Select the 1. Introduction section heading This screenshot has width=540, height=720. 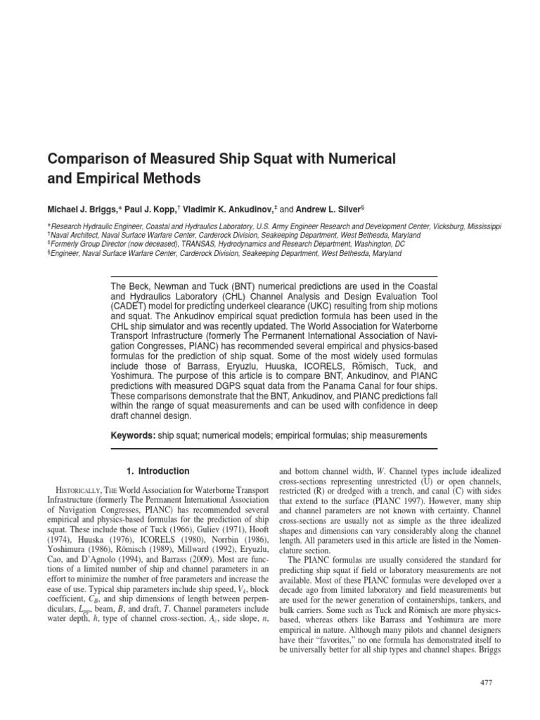point(157,471)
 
